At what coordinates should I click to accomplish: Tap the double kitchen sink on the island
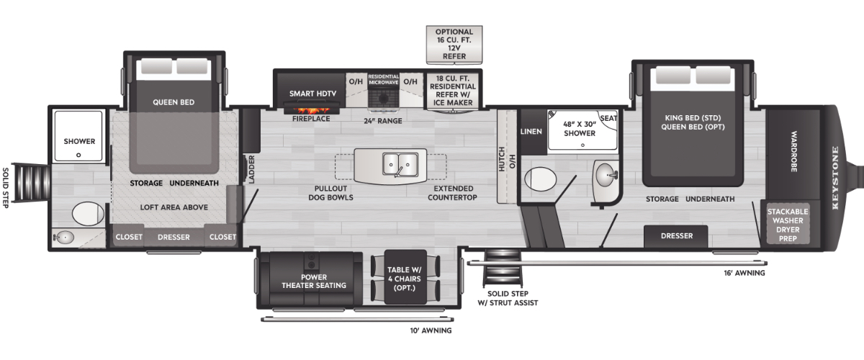pyautogui.click(x=397, y=165)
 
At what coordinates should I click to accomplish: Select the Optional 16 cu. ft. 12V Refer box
pyautogui.click(x=454, y=44)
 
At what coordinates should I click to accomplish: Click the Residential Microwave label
pyautogui.click(x=384, y=79)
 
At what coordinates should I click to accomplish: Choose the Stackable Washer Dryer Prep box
pyautogui.click(x=788, y=224)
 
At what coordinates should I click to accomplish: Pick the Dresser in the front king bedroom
pyautogui.click(x=676, y=235)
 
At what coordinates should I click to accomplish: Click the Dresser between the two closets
pyautogui.click(x=174, y=236)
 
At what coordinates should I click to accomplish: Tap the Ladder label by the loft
pyautogui.click(x=251, y=168)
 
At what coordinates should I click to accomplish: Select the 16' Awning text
pyautogui.click(x=744, y=273)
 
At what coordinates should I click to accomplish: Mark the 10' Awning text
pyautogui.click(x=431, y=330)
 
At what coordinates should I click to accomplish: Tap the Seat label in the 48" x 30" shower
pyautogui.click(x=609, y=118)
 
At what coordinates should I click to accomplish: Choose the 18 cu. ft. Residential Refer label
pyautogui.click(x=454, y=93)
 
